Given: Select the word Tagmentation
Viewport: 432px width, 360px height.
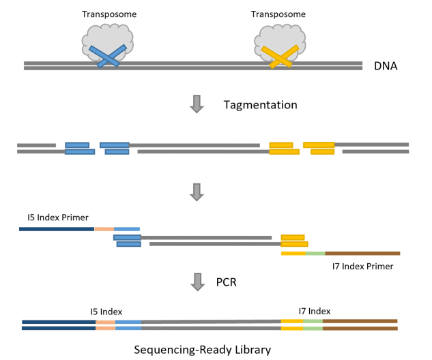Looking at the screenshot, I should point(260,105).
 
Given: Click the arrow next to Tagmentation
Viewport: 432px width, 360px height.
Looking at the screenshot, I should point(197,104).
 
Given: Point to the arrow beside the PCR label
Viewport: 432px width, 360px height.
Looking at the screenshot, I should point(197,282).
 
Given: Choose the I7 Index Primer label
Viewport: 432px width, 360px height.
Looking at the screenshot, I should point(362,266).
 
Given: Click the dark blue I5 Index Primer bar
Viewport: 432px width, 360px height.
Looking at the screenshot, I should point(57,228).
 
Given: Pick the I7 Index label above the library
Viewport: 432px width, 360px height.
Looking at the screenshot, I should point(315,310).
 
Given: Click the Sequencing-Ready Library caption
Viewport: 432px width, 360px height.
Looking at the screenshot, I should point(202,350).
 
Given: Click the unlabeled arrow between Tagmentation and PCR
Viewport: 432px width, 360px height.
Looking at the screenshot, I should point(197,192).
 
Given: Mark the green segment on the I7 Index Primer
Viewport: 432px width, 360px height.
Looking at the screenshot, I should point(315,254).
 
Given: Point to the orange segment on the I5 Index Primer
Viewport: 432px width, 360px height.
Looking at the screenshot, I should point(104,228).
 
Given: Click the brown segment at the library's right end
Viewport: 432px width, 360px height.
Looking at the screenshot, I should point(360,324).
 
